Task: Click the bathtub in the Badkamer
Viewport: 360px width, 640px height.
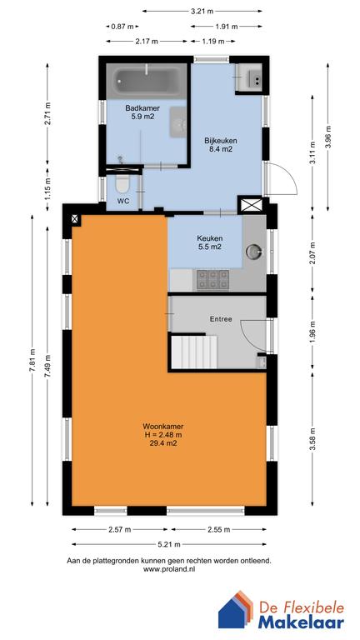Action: click(146, 81)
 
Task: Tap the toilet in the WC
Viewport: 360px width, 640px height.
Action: click(122, 185)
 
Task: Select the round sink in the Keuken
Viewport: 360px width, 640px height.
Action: click(253, 251)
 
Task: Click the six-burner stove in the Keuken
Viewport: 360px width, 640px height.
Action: click(212, 280)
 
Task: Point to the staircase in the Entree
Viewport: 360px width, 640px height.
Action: click(192, 352)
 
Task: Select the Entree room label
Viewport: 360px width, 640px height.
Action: click(221, 319)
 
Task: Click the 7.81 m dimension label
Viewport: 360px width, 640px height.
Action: click(32, 359)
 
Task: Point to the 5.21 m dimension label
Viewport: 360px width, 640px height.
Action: click(169, 544)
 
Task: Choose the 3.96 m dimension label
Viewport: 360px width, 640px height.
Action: click(327, 137)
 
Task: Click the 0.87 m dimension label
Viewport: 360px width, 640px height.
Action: click(122, 27)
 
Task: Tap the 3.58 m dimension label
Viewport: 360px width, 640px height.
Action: click(312, 439)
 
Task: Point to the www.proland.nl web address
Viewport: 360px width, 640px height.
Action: click(169, 569)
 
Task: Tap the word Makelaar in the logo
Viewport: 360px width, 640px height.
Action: click(301, 622)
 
